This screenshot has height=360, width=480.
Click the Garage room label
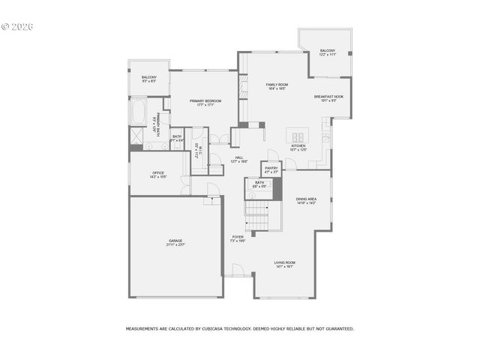175,241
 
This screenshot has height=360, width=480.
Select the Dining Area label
306,200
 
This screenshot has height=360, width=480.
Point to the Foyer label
238,238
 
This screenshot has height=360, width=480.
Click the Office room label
158,174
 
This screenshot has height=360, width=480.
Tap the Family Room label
277,86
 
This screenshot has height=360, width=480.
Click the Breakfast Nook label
328,97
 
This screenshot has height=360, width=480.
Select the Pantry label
271,169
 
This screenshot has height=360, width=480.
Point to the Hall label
239,159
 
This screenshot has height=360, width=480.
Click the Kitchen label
298,148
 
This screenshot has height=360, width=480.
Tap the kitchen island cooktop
298,136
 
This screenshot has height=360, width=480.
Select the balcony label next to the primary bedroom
148,79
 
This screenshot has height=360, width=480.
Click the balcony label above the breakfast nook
328,52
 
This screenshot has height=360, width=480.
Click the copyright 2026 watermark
18,27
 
